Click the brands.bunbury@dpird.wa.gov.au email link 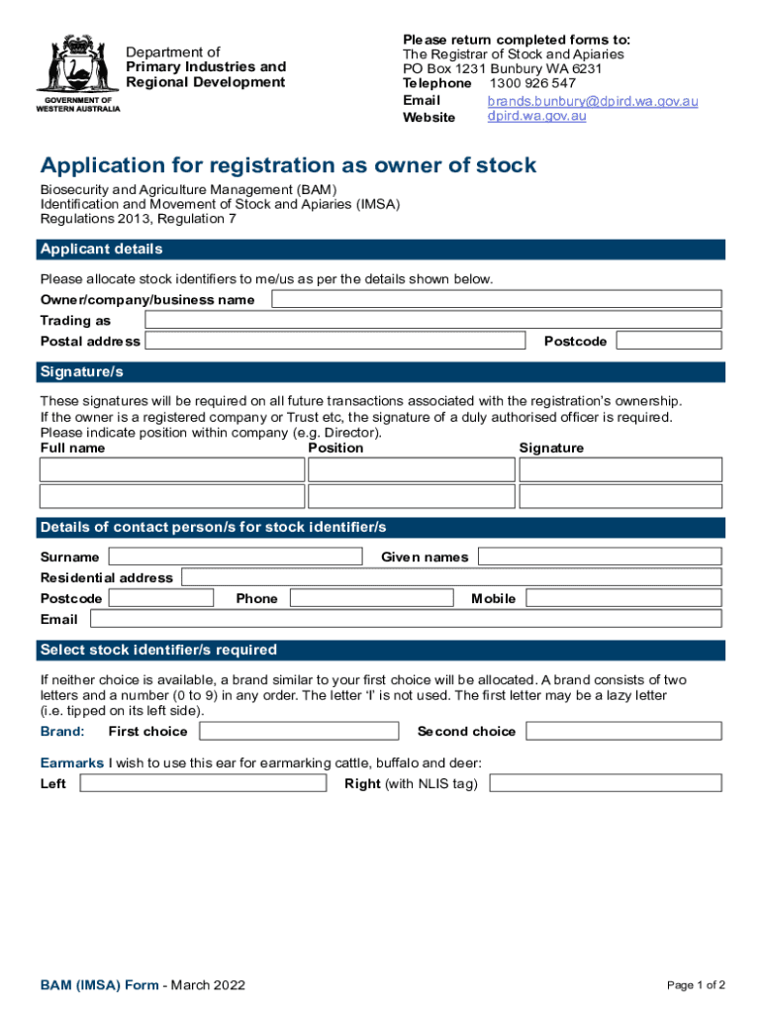pos(593,101)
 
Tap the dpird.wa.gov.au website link pos(536,116)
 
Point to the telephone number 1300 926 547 pos(532,83)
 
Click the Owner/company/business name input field pos(497,299)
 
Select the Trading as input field pos(432,320)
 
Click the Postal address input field pos(334,341)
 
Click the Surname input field pos(234,557)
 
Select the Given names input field pos(599,557)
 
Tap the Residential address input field pos(451,577)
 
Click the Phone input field pos(371,598)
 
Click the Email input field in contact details pos(405,619)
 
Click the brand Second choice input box pos(623,732)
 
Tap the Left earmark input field pos(202,784)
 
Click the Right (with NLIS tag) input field pos(606,784)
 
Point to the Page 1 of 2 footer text pos(696,985)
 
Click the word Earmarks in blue pos(71,762)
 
